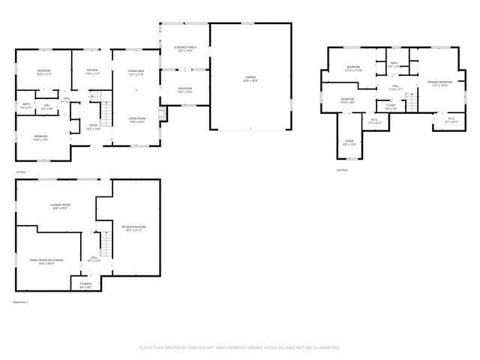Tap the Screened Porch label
point(184,49)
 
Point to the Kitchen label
point(92,72)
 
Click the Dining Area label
point(136,73)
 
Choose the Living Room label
point(136,118)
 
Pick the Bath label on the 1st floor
point(26,105)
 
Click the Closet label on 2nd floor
point(391,106)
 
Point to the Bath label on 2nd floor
point(394,64)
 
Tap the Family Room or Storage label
point(46,261)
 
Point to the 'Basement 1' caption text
point(21,301)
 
